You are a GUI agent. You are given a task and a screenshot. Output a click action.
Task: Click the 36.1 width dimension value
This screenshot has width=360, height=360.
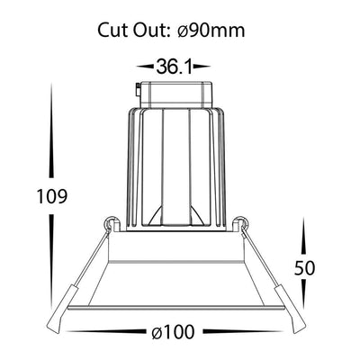(x=174, y=67)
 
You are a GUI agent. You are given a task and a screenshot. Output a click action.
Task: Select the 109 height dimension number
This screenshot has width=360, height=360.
(x=52, y=196)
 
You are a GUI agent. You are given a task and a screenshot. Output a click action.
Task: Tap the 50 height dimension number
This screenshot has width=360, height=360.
(x=304, y=268)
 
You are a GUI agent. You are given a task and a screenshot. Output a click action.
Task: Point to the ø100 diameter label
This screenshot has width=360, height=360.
(x=173, y=332)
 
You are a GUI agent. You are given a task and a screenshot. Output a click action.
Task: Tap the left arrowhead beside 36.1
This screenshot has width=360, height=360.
(x=145, y=67)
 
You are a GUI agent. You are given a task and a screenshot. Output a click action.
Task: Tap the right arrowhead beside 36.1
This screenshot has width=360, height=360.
(x=202, y=67)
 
